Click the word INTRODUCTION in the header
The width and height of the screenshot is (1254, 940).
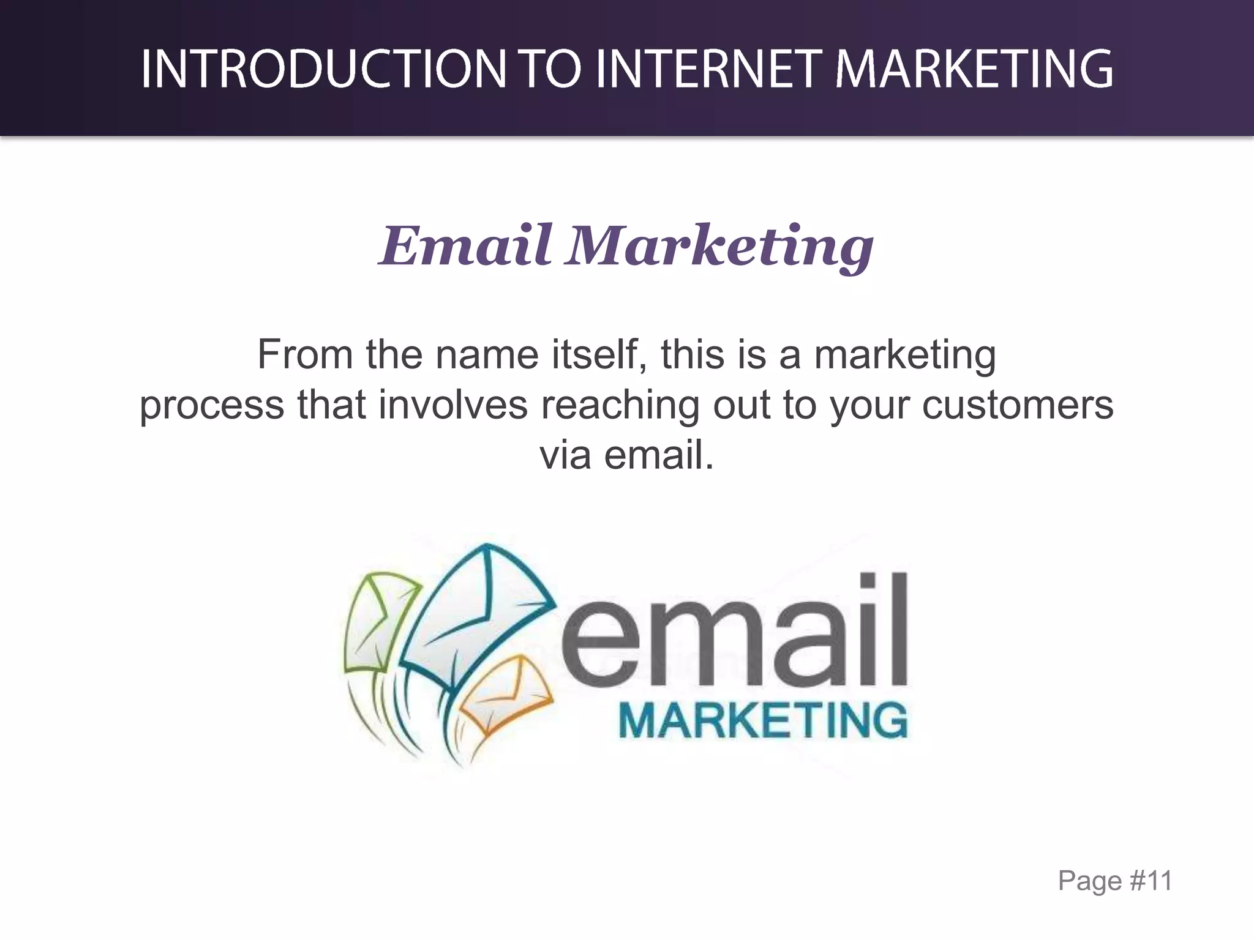[x=323, y=69]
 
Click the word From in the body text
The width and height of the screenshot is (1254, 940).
[x=305, y=354]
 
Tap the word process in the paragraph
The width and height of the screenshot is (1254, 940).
[x=212, y=405]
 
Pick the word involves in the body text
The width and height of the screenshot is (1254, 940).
[x=452, y=405]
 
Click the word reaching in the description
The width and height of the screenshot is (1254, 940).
[x=620, y=405]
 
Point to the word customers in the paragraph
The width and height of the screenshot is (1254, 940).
[x=1017, y=405]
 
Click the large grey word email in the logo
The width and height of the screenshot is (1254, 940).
[x=735, y=633]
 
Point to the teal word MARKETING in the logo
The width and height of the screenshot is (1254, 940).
[x=763, y=722]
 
